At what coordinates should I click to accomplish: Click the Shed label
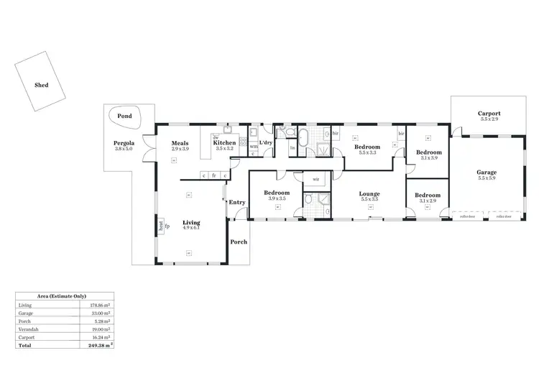point(42,84)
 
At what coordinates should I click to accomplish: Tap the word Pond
point(124,116)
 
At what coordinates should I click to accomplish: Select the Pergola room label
point(124,143)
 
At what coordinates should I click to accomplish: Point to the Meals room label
point(180,143)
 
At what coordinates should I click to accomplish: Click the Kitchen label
point(224,143)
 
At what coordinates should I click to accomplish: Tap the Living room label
point(190,222)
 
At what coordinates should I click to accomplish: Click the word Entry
point(237,202)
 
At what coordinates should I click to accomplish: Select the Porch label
point(239,242)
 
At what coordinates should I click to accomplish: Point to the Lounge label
point(369,193)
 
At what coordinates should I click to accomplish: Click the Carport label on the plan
point(489,114)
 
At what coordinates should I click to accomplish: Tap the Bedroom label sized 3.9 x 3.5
point(276,193)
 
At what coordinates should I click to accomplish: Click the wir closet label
point(315,178)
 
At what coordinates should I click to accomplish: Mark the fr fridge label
point(214,175)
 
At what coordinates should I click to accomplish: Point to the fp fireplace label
point(167,226)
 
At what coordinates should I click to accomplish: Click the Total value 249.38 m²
point(98,345)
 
